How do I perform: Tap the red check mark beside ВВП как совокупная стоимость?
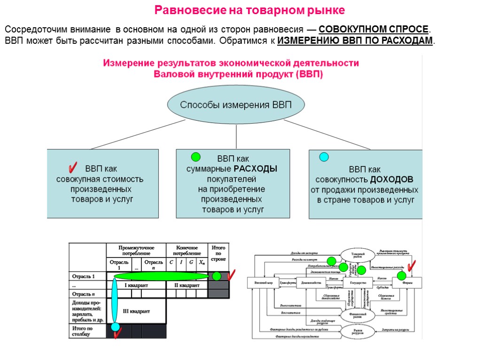[x=73, y=167]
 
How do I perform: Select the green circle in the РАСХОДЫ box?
[x=196, y=157]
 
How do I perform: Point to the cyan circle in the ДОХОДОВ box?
[x=324, y=157]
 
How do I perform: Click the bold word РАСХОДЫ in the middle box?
[x=256, y=169]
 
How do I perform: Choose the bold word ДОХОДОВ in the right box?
[x=391, y=180]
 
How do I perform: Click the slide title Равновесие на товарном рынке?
[x=250, y=10]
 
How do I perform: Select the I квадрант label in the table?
[x=136, y=285]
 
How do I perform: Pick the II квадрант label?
[x=187, y=285]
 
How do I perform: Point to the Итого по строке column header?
[x=218, y=253]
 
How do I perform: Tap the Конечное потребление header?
[x=187, y=250]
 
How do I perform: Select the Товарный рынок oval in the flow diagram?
[x=358, y=255]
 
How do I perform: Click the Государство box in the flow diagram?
[x=358, y=283]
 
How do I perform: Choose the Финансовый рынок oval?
[x=358, y=314]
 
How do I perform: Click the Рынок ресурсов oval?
[x=358, y=331]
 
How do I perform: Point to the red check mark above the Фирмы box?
[x=412, y=267]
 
